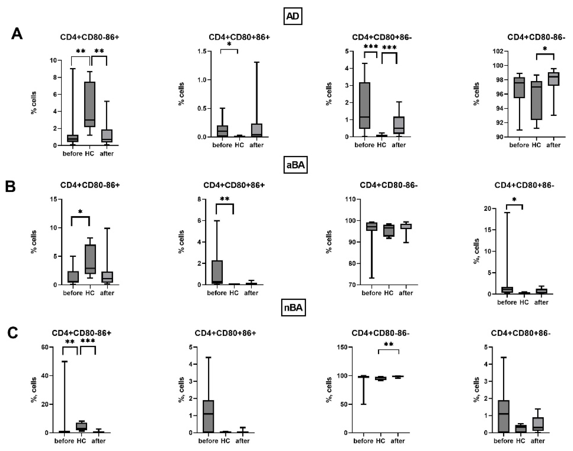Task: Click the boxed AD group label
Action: click(293, 16)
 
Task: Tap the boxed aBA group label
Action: click(295, 165)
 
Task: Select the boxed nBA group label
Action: click(293, 308)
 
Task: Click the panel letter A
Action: click(17, 34)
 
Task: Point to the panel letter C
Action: click(13, 333)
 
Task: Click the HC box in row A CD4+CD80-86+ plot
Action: click(90, 104)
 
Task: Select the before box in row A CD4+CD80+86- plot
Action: click(365, 106)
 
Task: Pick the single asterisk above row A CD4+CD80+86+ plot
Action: click(229, 44)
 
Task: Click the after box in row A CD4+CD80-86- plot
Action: click(553, 79)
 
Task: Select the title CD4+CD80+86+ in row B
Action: click(234, 185)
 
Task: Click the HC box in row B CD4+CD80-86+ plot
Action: click(90, 259)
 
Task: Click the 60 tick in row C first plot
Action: click(45, 347)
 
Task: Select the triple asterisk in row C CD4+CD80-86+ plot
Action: click(88, 341)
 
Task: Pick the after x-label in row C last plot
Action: click(538, 441)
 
